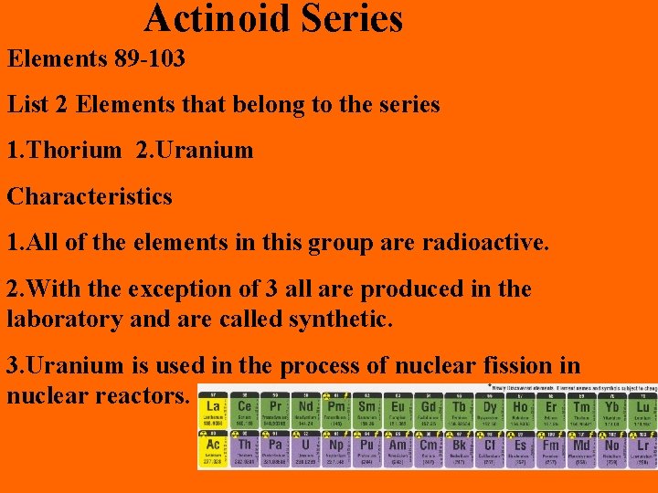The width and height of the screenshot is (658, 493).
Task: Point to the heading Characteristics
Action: click(x=90, y=196)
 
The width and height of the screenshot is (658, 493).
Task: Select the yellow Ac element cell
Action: click(x=213, y=448)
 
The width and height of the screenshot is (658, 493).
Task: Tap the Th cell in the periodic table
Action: click(x=244, y=448)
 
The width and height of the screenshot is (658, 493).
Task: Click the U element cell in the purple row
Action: click(x=305, y=448)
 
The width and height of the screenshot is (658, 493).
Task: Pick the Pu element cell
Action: click(x=367, y=448)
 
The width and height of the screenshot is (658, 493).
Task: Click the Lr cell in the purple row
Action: click(x=643, y=448)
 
